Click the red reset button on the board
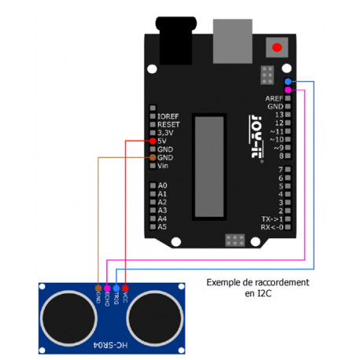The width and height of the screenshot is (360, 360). tap(276, 48)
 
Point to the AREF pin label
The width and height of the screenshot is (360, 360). tap(274, 97)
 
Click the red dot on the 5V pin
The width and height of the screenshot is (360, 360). tap(151, 141)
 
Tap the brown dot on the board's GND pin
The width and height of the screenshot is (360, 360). tap(151, 158)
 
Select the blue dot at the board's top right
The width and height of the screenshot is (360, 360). tap(289, 82)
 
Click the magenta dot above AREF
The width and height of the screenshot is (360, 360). tap(289, 90)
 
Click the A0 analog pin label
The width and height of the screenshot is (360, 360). tap(163, 186)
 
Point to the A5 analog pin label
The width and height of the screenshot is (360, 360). tap(163, 226)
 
